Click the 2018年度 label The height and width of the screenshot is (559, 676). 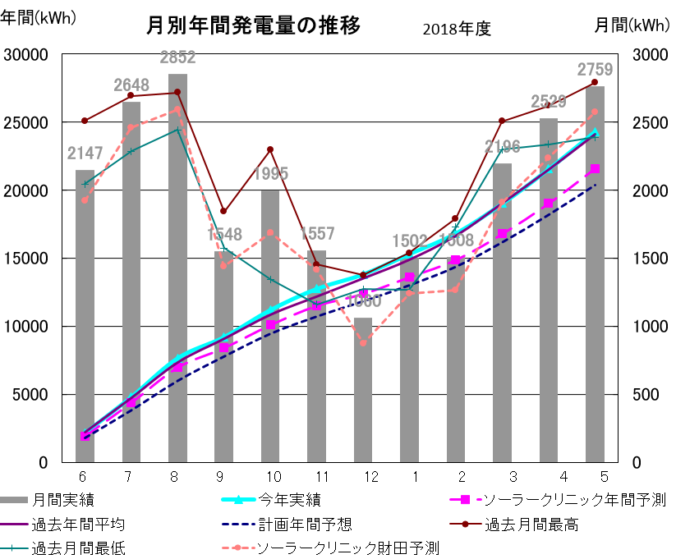tap(457, 29)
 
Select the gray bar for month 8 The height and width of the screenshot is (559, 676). tap(177, 271)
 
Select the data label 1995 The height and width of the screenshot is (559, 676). tap(270, 173)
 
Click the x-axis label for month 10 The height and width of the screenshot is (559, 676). tap(273, 477)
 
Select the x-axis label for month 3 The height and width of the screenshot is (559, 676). tap(513, 477)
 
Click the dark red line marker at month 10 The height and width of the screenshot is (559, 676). tap(270, 149)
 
